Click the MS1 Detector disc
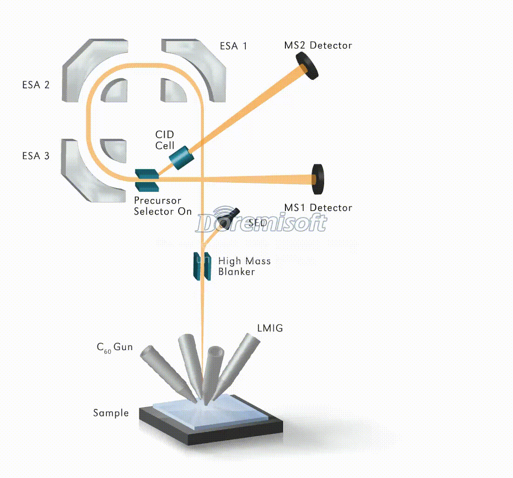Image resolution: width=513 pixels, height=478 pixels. tap(318, 179)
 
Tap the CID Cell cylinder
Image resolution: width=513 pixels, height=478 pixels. tap(181, 157)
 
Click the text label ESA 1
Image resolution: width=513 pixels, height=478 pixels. tap(234, 46)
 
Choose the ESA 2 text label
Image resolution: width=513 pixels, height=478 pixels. tap(35, 85)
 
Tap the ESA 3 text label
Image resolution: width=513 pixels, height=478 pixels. tap(35, 156)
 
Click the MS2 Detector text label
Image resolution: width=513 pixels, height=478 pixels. tap(318, 45)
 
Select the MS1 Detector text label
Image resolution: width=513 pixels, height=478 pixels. tap(318, 208)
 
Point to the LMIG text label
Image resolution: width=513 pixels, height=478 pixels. tap(270, 328)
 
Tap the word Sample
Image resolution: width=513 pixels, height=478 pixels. tap(111, 413)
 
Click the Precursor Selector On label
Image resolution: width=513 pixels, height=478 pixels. tap(163, 206)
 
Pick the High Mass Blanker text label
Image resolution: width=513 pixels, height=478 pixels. tap(244, 266)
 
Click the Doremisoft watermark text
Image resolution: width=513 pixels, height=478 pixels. tap(261, 224)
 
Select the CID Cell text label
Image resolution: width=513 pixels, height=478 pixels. tap(165, 140)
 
